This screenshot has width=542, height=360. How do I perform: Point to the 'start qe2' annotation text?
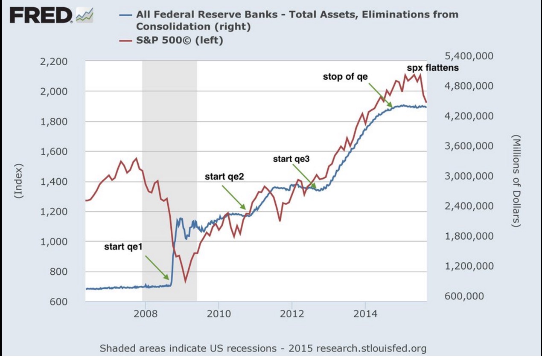[224, 176]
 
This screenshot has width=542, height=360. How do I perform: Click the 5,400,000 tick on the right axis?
[469, 56]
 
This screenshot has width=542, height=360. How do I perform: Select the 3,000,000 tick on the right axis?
[469, 176]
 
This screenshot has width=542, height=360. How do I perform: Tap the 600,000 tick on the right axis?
[464, 296]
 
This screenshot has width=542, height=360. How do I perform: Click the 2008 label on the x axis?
[145, 314]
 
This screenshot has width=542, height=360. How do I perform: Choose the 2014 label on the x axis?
[365, 314]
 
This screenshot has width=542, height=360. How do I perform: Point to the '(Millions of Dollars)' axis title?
[516, 181]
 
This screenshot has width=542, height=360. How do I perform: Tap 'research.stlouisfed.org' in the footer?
[372, 348]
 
